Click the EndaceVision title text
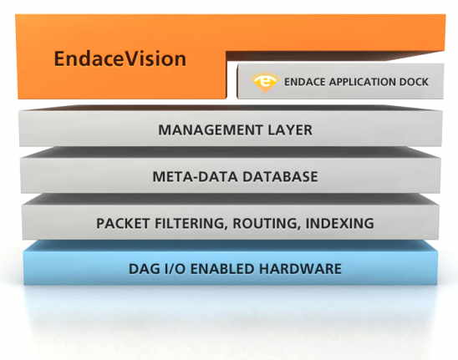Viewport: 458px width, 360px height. pyautogui.click(x=120, y=58)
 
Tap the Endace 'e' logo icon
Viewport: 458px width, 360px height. pyautogui.click(x=266, y=83)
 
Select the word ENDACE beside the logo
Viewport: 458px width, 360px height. pyautogui.click(x=305, y=82)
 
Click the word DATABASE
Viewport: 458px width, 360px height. pyautogui.click(x=281, y=176)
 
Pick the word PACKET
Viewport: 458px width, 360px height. pyautogui.click(x=123, y=223)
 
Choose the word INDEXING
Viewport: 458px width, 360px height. pyautogui.click(x=339, y=223)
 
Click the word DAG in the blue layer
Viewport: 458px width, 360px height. pyautogui.click(x=143, y=269)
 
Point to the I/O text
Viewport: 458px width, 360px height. pyautogui.click(x=174, y=269)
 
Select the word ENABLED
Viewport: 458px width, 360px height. pyautogui.click(x=222, y=269)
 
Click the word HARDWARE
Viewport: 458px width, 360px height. pyautogui.click(x=300, y=269)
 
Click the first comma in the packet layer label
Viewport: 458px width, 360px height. pyautogui.click(x=226, y=228)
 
